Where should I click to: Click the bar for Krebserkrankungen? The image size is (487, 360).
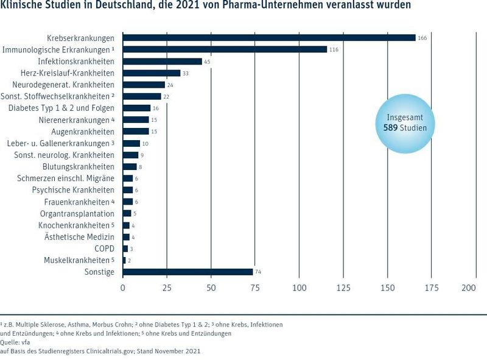tap(269, 38)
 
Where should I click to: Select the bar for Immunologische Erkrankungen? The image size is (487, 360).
tap(225, 49)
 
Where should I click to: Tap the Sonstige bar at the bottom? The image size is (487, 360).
tap(187, 272)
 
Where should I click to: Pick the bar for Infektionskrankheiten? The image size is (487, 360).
tap(163, 62)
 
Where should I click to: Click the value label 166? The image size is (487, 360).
tap(422, 38)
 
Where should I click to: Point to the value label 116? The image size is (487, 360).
tap(334, 49)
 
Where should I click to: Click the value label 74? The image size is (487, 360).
tap(258, 272)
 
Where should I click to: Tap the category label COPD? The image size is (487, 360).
tap(104, 249)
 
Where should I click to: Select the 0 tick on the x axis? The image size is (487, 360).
tap(123, 288)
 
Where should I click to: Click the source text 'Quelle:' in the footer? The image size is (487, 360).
tap(10, 342)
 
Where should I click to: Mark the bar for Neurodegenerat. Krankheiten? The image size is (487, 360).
tap(144, 85)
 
